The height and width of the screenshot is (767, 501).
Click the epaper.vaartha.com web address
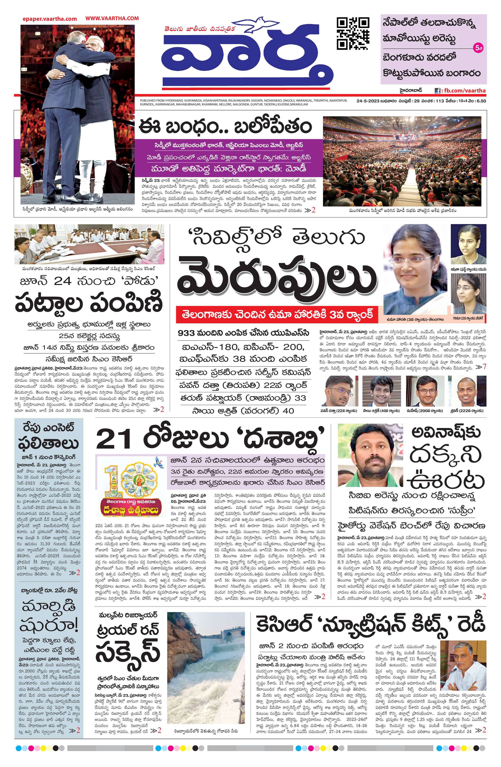pyautogui.click(x=50, y=19)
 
